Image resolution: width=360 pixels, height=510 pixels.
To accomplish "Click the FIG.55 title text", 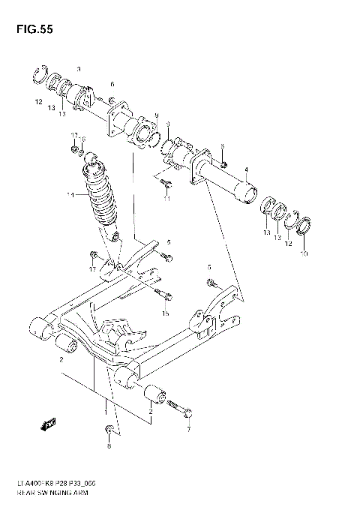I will pyautogui.click(x=33, y=32).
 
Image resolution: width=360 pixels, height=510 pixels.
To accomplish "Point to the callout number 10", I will pyautogui.click(x=304, y=253).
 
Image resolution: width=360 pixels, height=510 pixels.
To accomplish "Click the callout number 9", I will pyautogui.click(x=156, y=115).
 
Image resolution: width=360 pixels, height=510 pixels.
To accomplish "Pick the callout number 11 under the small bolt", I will pyautogui.click(x=167, y=199).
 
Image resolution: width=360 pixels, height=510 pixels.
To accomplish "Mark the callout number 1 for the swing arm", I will pyautogui.click(x=106, y=412).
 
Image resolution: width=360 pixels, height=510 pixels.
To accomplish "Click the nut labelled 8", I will pyautogui.click(x=109, y=430).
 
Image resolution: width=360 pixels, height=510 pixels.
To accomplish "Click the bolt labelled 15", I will pyautogui.click(x=165, y=292).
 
